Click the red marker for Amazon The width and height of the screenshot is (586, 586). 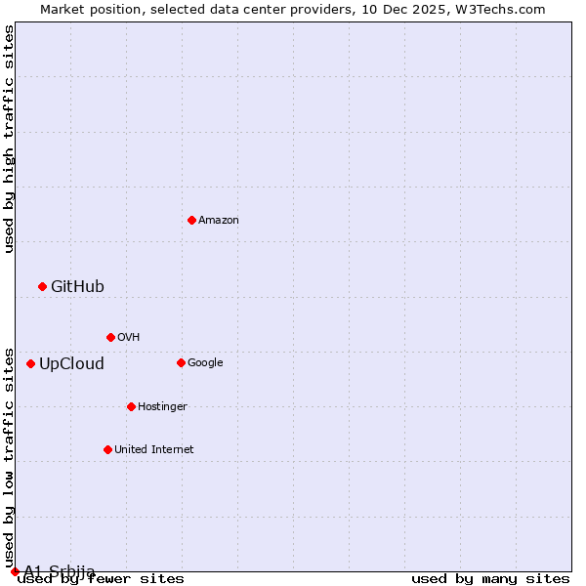coord(191,220)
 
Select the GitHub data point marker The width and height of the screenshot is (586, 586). coord(42,286)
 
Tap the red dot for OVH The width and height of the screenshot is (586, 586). coord(110,337)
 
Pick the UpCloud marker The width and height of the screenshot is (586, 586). coord(30,363)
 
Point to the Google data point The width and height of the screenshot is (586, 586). coord(181,362)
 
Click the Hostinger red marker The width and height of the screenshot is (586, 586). coord(131,406)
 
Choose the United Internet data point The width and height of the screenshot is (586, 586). coord(107,449)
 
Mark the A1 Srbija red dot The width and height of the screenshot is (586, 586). coord(15,571)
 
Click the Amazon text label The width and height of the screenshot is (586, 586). coord(219,221)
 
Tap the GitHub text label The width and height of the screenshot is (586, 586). coord(77,286)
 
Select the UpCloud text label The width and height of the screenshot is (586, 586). coord(71,364)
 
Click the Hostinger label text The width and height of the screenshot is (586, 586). coord(162,407)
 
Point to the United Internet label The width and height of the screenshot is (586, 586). coord(153,450)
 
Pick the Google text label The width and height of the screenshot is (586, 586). coord(205,363)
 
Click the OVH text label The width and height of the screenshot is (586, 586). coord(129,338)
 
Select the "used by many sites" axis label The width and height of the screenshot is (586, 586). coord(490,579)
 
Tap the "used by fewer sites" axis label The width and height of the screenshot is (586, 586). coord(101,579)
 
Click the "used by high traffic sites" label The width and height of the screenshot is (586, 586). coord(9,139)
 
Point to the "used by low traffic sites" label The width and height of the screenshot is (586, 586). coord(9,457)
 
